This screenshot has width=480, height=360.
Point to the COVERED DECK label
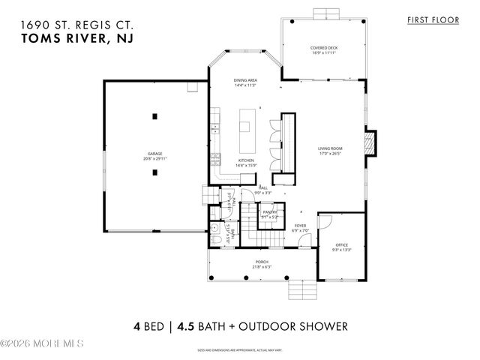click(x=322, y=49)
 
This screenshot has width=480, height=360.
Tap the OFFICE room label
click(x=341, y=246)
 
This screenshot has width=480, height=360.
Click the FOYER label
click(x=300, y=225)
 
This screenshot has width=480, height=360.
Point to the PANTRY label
click(x=270, y=212)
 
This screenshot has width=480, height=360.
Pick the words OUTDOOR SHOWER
click(x=300, y=327)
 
